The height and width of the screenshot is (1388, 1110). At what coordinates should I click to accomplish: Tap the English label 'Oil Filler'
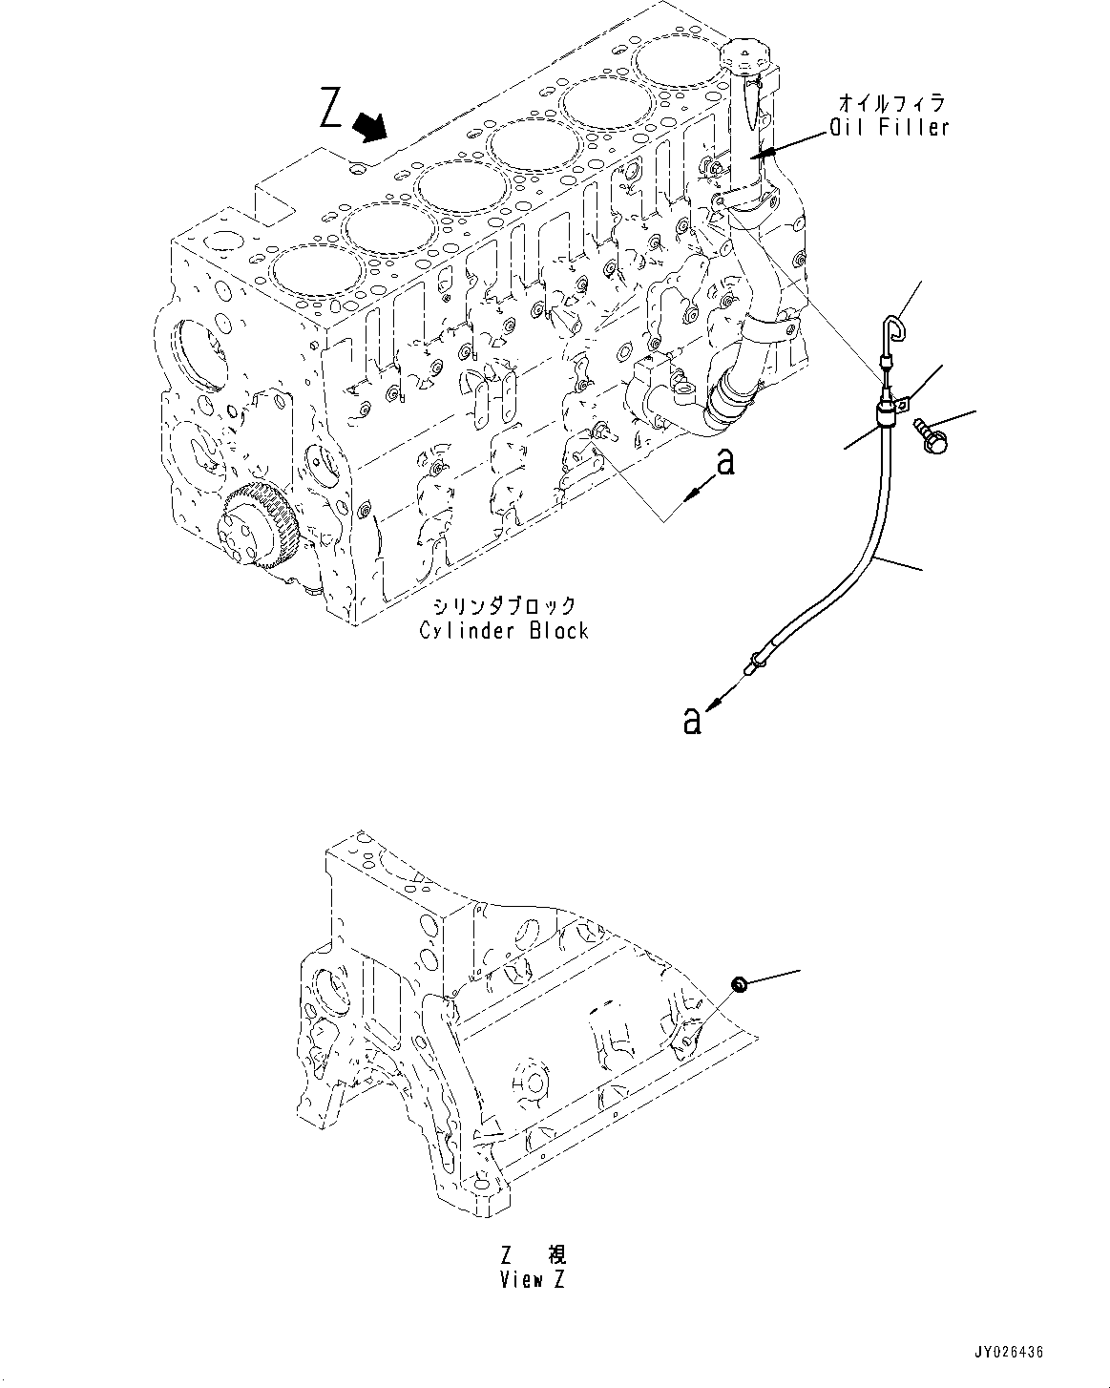click(889, 128)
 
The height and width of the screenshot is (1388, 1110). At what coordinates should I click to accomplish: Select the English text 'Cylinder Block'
click(504, 630)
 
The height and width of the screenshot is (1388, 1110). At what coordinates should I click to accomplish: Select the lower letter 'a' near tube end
click(692, 721)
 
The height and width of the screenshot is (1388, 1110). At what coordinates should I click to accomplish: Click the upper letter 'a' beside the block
click(726, 462)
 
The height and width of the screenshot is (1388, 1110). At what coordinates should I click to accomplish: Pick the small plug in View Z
click(738, 984)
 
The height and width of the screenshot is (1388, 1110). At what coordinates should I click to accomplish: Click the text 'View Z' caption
click(533, 1280)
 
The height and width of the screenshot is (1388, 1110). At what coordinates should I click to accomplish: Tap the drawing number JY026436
click(1008, 1353)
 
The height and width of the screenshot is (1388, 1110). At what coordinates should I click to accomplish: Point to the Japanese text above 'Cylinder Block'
click(504, 605)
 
